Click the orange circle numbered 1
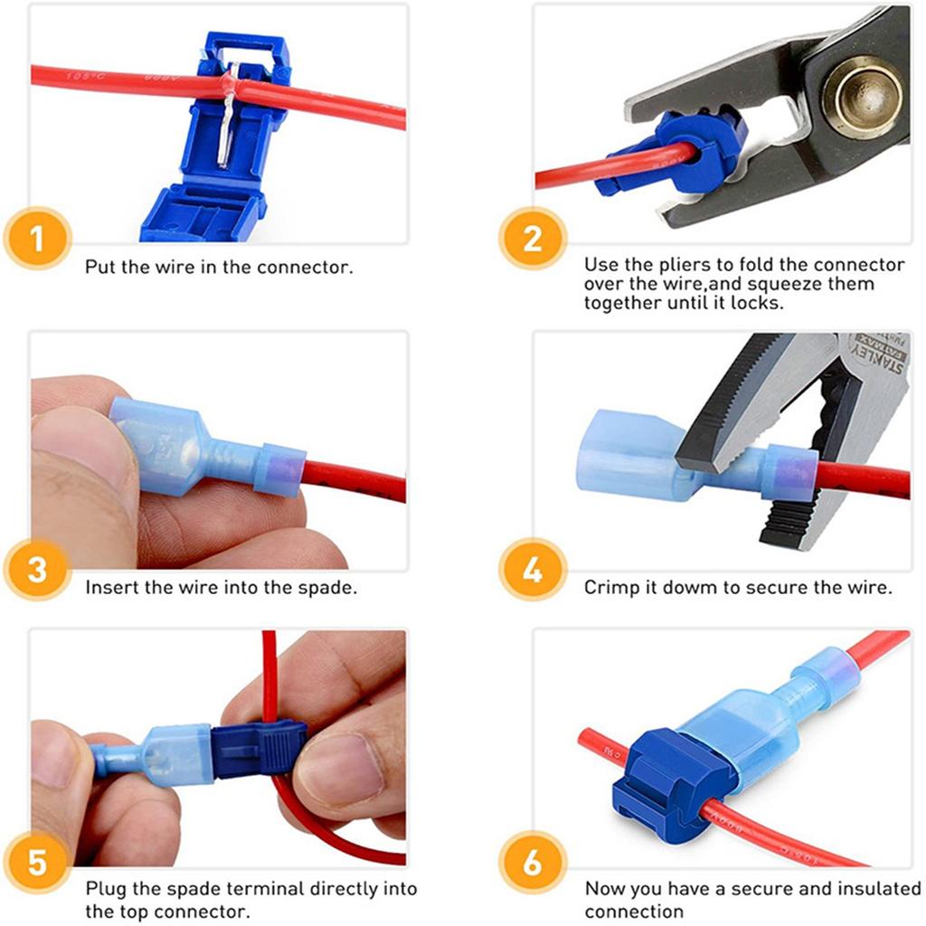(37, 239)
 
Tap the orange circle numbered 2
(532, 239)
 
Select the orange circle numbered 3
(37, 570)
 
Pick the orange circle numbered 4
(532, 570)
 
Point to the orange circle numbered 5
(37, 862)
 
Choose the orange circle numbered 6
(532, 862)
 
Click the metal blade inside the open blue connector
(227, 115)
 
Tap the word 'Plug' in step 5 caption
(107, 890)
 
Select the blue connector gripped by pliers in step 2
(674, 153)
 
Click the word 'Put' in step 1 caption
(99, 267)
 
